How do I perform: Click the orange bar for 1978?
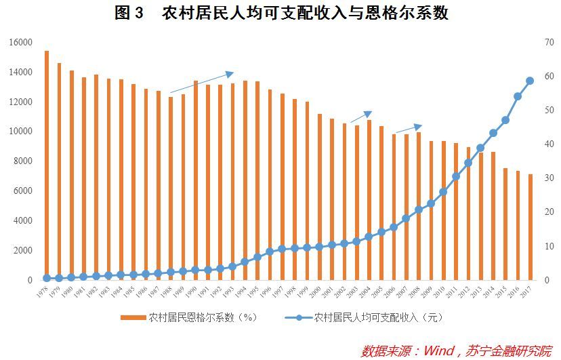(x=47, y=165)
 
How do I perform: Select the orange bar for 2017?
(x=530, y=226)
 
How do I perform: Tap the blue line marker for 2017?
(x=530, y=81)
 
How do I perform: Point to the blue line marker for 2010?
(x=443, y=192)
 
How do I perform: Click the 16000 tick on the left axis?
(x=21, y=42)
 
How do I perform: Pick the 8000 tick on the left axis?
(x=23, y=161)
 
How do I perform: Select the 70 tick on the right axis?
(x=548, y=42)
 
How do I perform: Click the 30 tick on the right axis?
(x=548, y=178)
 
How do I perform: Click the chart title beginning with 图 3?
(x=281, y=14)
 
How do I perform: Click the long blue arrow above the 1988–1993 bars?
(x=201, y=82)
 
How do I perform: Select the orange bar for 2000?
(x=319, y=197)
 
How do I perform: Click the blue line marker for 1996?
(x=270, y=252)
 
